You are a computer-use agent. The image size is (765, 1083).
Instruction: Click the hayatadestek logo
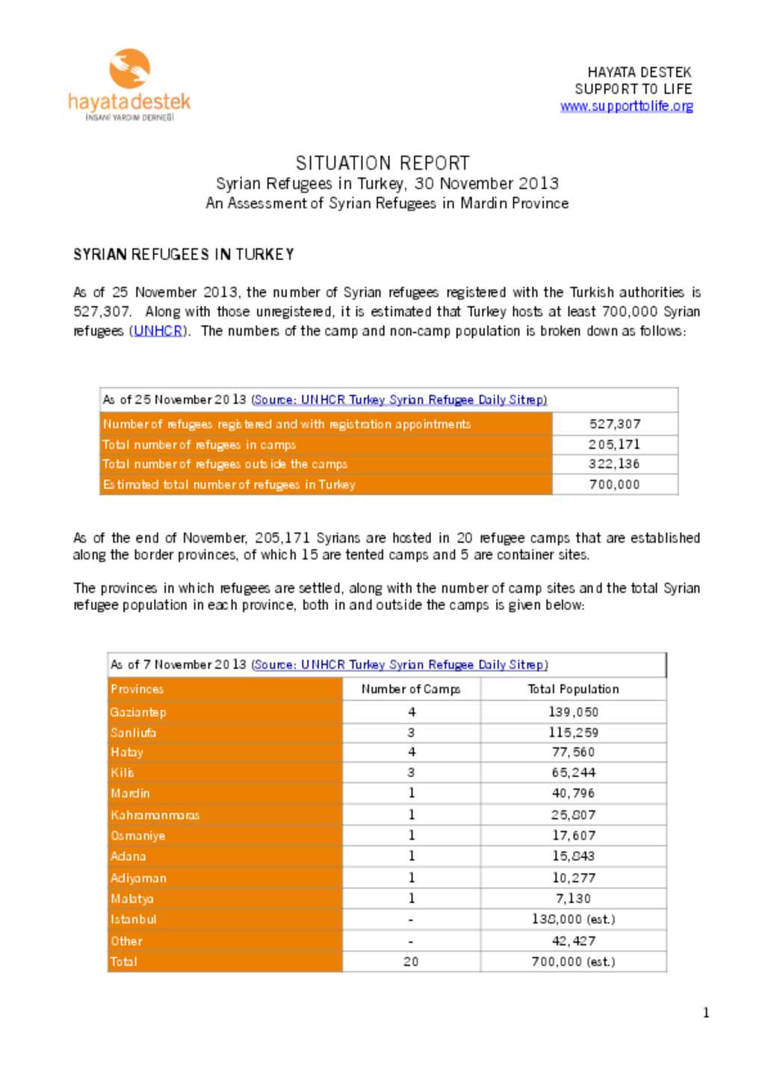(x=129, y=84)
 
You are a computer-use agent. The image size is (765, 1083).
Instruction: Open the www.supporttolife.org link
(x=626, y=106)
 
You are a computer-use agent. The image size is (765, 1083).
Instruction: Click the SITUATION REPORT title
(x=382, y=163)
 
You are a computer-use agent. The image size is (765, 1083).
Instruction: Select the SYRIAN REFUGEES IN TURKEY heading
(x=184, y=255)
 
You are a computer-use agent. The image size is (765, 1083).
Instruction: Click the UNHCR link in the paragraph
(x=158, y=331)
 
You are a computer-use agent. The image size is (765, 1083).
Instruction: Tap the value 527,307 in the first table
(x=614, y=424)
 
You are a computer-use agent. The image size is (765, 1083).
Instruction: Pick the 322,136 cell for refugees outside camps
(x=614, y=464)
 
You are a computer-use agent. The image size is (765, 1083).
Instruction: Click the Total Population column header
(x=573, y=689)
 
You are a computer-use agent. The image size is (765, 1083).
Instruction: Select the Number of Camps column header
(x=411, y=689)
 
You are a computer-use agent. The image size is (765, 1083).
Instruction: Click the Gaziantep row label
(x=138, y=712)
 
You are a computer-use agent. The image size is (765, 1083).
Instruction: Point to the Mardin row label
(x=130, y=793)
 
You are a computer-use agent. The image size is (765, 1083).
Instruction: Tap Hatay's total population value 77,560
(x=573, y=753)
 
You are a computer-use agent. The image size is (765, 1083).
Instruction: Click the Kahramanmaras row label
(x=155, y=815)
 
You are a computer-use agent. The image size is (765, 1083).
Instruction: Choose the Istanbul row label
(x=134, y=919)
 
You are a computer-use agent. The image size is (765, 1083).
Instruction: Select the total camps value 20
(x=411, y=962)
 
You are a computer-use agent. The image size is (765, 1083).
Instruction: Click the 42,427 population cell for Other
(x=573, y=941)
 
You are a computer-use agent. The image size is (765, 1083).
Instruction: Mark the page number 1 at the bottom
(x=706, y=1013)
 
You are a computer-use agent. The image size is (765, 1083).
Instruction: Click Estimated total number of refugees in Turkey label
(x=229, y=484)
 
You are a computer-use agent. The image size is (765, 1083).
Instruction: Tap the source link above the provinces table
(x=400, y=664)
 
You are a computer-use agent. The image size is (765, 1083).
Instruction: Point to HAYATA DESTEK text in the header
(x=639, y=72)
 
